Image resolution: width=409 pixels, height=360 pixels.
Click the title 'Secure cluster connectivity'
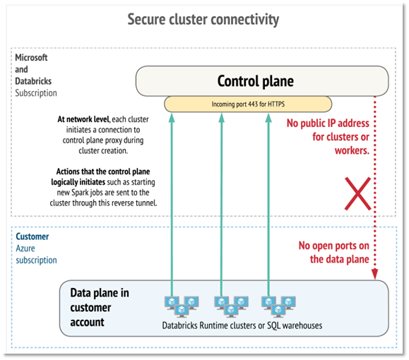pyautogui.click(x=203, y=20)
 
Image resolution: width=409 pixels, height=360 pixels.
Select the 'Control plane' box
pyautogui.click(x=262, y=81)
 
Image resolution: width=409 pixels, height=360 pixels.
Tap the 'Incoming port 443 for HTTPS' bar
pyautogui.click(x=248, y=104)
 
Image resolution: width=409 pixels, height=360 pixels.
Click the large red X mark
pyautogui.click(x=357, y=193)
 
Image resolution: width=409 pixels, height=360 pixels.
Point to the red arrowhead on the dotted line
pyautogui.click(x=375, y=275)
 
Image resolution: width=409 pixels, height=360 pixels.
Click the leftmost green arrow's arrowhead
pyautogui.click(x=172, y=118)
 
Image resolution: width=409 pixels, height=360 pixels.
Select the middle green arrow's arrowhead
pyautogui.click(x=222, y=118)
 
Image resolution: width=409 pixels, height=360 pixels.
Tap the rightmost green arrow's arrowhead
pyautogui.click(x=268, y=118)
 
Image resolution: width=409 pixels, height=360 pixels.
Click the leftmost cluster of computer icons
pyautogui.click(x=182, y=307)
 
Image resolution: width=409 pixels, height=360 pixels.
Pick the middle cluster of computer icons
pyautogui.click(x=232, y=307)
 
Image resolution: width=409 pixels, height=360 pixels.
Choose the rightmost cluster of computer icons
pyautogui.click(x=278, y=307)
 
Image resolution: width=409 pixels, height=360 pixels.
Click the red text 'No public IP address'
pyautogui.click(x=328, y=124)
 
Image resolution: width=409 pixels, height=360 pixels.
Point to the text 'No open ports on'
pyautogui.click(x=334, y=246)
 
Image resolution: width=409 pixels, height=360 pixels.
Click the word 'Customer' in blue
pyautogui.click(x=32, y=236)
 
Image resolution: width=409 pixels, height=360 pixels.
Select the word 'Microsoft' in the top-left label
pyautogui.click(x=31, y=57)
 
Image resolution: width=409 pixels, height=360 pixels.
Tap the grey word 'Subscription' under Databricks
pyautogui.click(x=36, y=93)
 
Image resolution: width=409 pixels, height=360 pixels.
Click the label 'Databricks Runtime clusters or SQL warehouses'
pyautogui.click(x=242, y=325)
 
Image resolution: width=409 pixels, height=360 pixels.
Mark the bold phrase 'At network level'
pyautogui.click(x=83, y=119)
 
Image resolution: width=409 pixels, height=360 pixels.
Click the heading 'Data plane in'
pyautogui.click(x=100, y=293)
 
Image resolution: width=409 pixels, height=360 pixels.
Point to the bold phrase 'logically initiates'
pyautogui.click(x=78, y=182)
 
